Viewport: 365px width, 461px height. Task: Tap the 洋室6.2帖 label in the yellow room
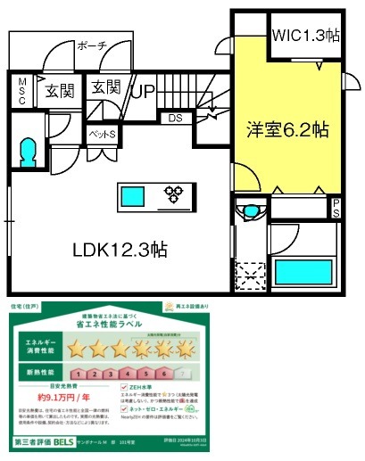[287, 128]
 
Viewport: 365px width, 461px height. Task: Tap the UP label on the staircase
[144, 90]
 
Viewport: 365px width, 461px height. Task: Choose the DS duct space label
[174, 117]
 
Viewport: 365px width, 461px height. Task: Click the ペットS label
[102, 133]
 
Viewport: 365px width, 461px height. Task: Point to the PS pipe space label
[336, 209]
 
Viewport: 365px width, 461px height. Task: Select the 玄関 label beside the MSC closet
[61, 89]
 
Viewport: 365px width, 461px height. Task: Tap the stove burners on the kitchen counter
[172, 193]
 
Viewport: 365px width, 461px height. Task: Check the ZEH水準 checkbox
[124, 388]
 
